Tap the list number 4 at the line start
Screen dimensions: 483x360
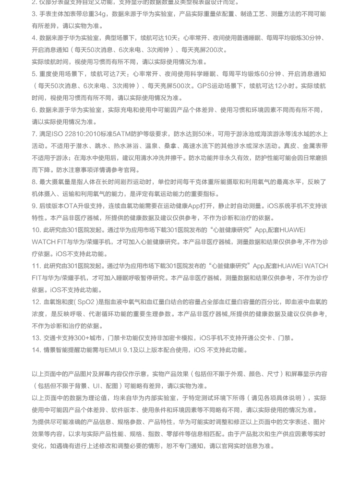point(35,38)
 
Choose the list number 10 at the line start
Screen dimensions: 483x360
point(36,230)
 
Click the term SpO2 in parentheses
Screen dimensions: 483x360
point(85,302)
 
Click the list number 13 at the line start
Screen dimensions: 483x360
point(36,338)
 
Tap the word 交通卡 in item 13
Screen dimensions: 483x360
point(52,338)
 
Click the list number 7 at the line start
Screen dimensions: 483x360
point(35,134)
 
